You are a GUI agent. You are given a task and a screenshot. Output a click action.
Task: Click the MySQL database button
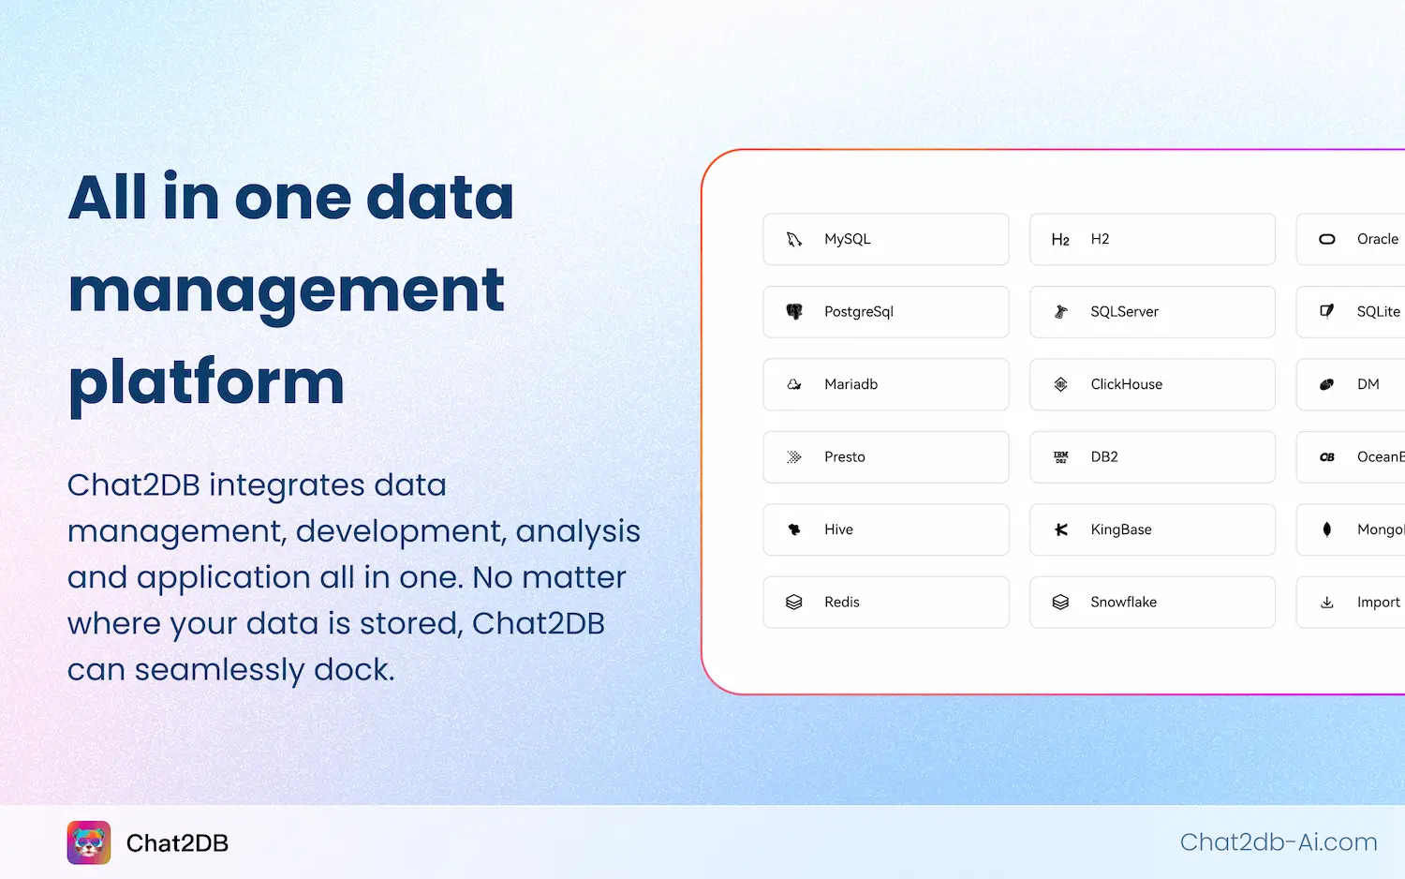click(885, 239)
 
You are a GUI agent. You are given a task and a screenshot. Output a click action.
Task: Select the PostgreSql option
click(885, 312)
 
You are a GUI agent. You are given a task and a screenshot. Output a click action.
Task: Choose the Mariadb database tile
click(885, 384)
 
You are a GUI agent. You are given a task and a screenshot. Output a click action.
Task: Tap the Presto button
click(885, 457)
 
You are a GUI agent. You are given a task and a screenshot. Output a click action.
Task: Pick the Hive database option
click(885, 529)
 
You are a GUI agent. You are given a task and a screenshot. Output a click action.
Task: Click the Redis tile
click(885, 602)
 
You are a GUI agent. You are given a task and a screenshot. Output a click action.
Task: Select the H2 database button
click(1152, 239)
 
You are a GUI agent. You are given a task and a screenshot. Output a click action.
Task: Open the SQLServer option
click(1152, 312)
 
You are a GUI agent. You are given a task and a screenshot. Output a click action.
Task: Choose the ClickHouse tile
click(1152, 384)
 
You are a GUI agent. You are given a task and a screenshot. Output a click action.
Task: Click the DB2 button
click(1152, 457)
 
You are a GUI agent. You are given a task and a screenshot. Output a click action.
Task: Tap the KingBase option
click(1152, 529)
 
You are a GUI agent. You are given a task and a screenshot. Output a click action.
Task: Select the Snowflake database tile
click(1152, 602)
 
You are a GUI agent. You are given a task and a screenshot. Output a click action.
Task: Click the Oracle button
click(1358, 239)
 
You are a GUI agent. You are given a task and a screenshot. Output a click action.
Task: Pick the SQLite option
click(1358, 312)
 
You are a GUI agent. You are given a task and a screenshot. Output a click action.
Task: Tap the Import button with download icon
click(1358, 602)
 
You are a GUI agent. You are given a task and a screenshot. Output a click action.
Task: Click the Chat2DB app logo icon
click(89, 842)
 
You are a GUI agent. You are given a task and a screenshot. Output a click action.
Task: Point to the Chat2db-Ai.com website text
click(1279, 842)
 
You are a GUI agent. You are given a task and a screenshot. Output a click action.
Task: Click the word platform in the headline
click(206, 382)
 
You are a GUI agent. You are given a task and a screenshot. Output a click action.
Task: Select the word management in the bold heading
click(287, 291)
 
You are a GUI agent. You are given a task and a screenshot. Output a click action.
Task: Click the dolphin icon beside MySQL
click(794, 239)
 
